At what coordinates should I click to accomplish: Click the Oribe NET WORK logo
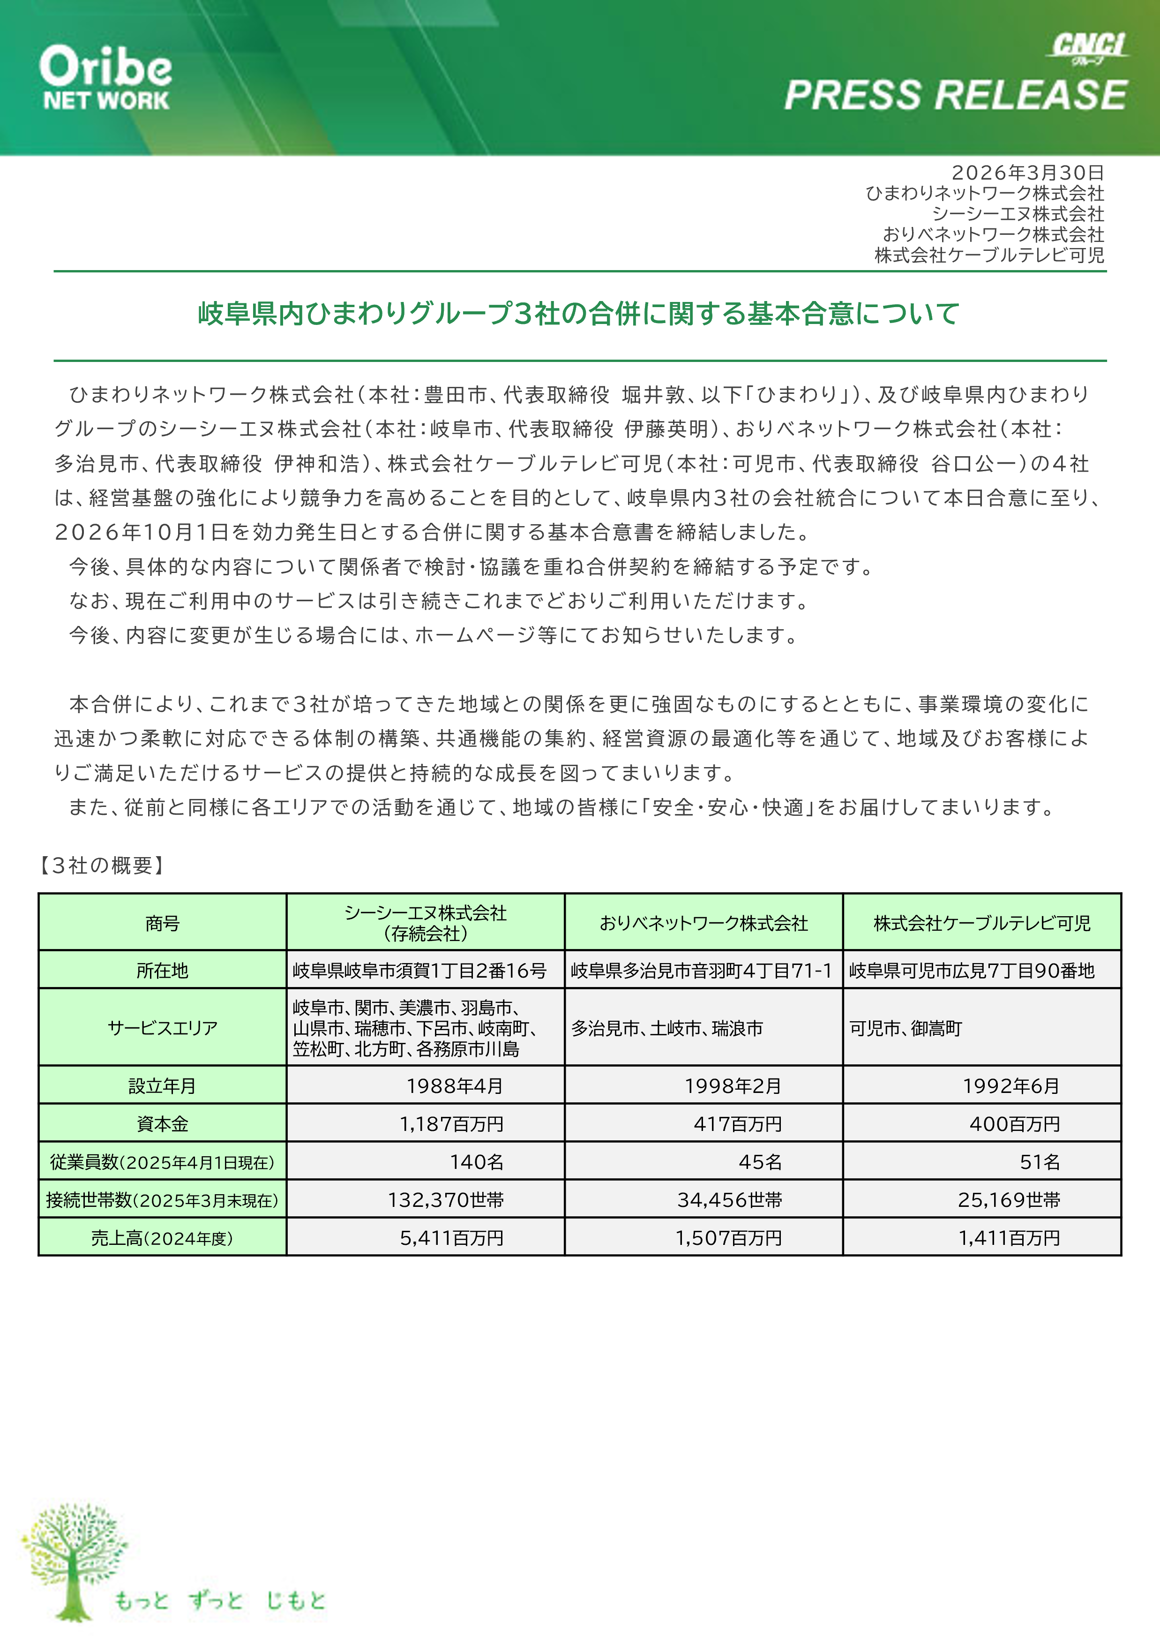click(x=106, y=78)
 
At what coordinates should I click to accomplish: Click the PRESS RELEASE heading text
click(x=956, y=95)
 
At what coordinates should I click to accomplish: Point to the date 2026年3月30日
click(x=1027, y=173)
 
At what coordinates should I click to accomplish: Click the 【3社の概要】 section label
click(x=102, y=866)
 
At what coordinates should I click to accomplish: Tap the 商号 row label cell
click(x=162, y=923)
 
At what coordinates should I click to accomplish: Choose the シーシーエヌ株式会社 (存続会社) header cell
click(x=425, y=923)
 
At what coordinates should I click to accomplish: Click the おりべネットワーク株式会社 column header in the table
click(x=703, y=923)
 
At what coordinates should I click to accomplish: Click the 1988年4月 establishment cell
click(x=455, y=1085)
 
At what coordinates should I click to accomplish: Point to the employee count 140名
click(x=476, y=1161)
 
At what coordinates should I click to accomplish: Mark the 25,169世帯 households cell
click(x=1009, y=1199)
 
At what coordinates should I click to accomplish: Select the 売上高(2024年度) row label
click(x=162, y=1238)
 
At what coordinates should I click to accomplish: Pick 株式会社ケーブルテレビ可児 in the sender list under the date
click(x=989, y=255)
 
